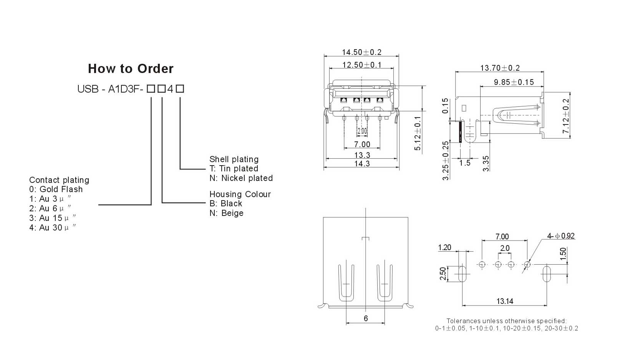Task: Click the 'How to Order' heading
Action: (131, 69)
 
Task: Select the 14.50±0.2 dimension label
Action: (361, 52)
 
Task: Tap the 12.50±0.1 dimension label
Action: (362, 65)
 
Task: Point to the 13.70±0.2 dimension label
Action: (500, 68)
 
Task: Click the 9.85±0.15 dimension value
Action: (514, 82)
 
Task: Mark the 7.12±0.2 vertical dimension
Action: (566, 116)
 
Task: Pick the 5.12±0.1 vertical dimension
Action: (418, 133)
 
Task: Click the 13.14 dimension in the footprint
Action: (505, 301)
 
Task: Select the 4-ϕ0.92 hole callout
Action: (561, 236)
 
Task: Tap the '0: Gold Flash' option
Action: (56, 189)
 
